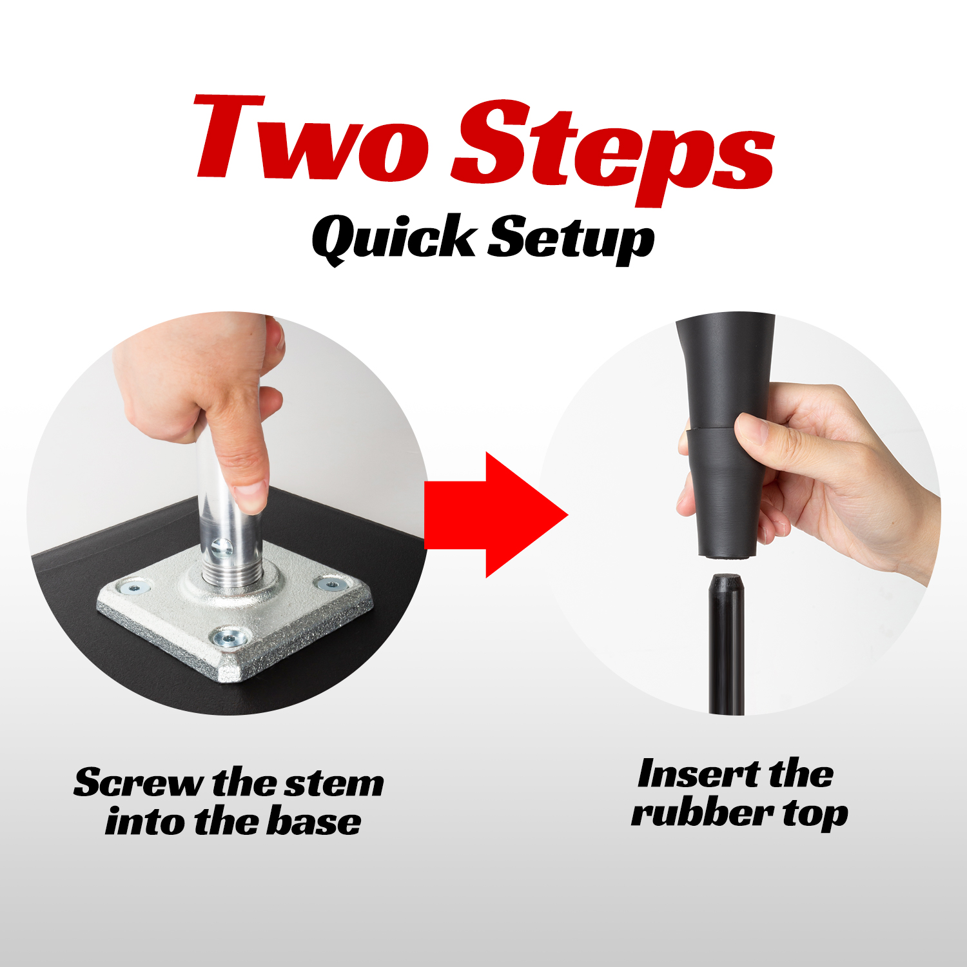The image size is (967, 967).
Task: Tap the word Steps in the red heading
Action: pyautogui.click(x=612, y=151)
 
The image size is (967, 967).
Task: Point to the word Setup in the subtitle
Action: pyautogui.click(x=571, y=240)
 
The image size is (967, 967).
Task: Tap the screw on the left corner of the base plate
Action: pyautogui.click(x=134, y=588)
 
